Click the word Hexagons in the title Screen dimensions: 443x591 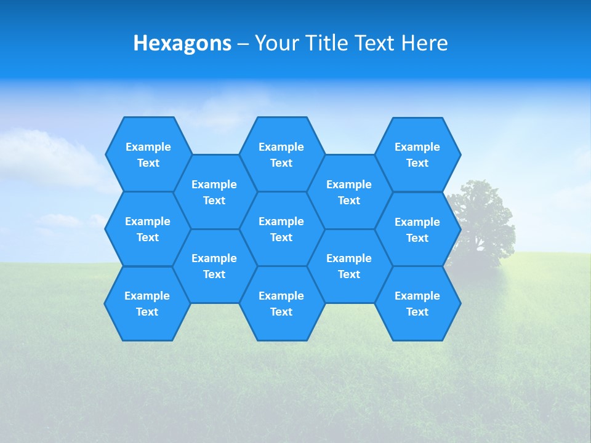coord(182,43)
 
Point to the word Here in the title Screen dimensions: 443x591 coord(424,43)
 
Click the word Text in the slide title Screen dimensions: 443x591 coord(376,43)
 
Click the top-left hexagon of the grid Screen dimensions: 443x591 coord(148,154)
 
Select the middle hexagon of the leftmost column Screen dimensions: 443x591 coord(148,229)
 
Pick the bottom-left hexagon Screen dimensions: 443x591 coord(147,303)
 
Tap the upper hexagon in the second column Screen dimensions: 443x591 coord(214,192)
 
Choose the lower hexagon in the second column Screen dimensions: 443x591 coord(214,266)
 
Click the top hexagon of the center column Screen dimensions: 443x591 coord(281,154)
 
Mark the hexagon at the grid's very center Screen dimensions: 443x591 coord(281,229)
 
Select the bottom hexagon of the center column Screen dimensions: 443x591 coord(281,303)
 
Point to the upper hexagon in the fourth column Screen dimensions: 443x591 coord(349,192)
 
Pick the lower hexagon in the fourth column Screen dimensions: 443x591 coord(349,266)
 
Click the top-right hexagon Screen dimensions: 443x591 coord(417,154)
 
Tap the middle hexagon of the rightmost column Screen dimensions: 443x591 coord(417,229)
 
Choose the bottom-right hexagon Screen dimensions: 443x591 coord(417,303)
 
